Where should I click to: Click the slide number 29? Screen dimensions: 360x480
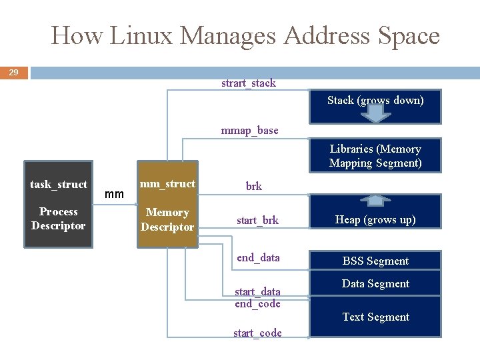pos(13,72)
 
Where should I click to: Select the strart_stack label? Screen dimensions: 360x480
pos(248,83)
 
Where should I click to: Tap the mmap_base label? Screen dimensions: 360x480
pos(249,130)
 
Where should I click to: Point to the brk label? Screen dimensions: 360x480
pos(253,187)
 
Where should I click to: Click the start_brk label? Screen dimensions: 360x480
pos(257,220)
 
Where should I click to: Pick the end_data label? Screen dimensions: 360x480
pos(258,257)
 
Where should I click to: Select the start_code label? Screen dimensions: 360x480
pos(257,333)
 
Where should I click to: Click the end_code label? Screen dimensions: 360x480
pos(257,304)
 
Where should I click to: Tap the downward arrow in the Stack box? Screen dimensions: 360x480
pos(376,112)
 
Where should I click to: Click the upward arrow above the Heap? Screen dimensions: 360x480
pos(376,199)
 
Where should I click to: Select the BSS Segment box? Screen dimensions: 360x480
pos(375,261)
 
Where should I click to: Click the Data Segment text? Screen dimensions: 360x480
pos(375,284)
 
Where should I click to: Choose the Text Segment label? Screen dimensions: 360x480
pos(375,317)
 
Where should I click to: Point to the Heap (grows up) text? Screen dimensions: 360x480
pos(375,220)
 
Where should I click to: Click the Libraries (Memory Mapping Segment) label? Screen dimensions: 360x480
pos(375,156)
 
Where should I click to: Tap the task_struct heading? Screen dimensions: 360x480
pos(59,185)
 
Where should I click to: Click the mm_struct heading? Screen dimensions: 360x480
pos(167,184)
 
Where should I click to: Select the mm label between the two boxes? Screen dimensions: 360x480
pos(115,195)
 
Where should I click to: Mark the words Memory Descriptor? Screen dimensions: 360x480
pos(167,220)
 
